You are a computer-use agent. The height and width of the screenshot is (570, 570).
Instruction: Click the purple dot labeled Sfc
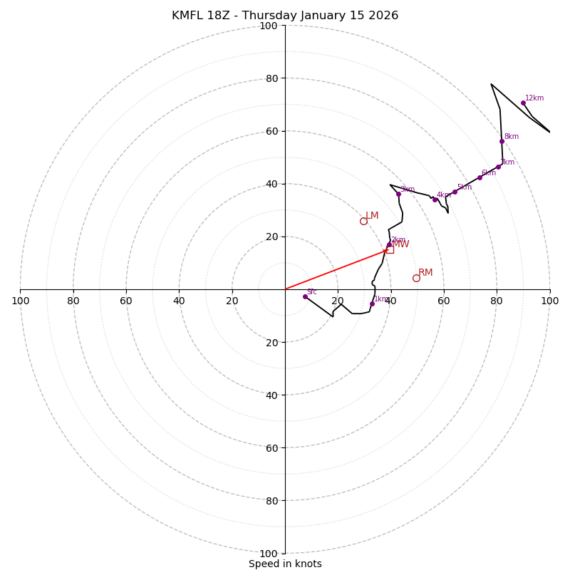tap(305, 296)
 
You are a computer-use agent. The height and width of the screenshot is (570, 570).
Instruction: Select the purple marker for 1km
tap(372, 304)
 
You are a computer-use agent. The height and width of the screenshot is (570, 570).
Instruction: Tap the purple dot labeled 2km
tap(389, 245)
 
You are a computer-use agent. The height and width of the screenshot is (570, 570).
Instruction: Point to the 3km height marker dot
tap(398, 194)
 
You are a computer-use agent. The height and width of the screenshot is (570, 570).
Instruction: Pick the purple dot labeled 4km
tap(435, 199)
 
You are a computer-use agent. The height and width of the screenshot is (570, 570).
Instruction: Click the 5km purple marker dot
tap(455, 192)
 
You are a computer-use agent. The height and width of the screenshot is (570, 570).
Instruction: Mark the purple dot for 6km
tap(480, 177)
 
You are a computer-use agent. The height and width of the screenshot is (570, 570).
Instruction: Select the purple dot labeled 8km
tap(502, 141)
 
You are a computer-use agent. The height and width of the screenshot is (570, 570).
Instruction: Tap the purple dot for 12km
tap(523, 103)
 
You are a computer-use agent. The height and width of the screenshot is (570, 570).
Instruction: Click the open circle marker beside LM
tap(363, 221)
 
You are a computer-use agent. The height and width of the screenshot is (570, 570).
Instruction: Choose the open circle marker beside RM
tap(416, 278)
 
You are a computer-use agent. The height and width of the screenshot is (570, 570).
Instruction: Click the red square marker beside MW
tap(390, 249)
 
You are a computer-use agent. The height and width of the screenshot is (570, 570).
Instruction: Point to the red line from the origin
tap(335, 269)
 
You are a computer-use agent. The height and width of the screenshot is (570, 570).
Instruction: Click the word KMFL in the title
tap(187, 16)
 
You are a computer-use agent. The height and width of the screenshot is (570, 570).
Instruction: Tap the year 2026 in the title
tap(383, 16)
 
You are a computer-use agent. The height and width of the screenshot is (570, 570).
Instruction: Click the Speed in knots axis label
tap(285, 564)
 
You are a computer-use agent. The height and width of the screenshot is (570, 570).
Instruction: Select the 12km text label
tap(534, 98)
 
